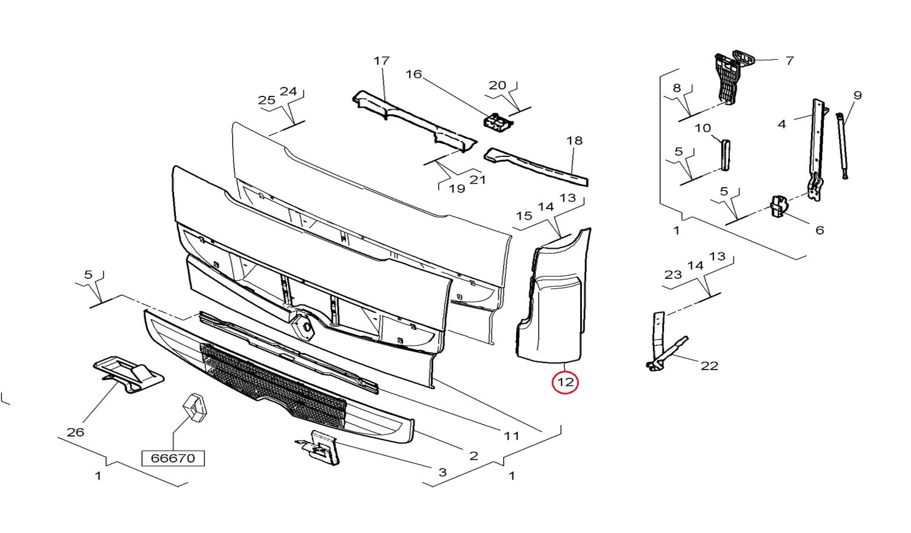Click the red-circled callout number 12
tap(565, 383)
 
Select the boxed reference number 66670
tap(173, 458)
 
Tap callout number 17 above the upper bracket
tap(381, 60)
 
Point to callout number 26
tap(75, 432)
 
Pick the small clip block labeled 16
tap(497, 121)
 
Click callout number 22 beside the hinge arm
tap(709, 366)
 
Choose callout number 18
tap(574, 141)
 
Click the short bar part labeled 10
tap(725, 155)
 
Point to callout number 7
tap(790, 60)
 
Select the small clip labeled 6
tap(778, 206)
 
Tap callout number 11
tap(511, 436)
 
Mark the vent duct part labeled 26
tap(128, 374)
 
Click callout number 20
tap(497, 85)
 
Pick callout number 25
tap(267, 100)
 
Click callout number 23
tap(673, 275)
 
